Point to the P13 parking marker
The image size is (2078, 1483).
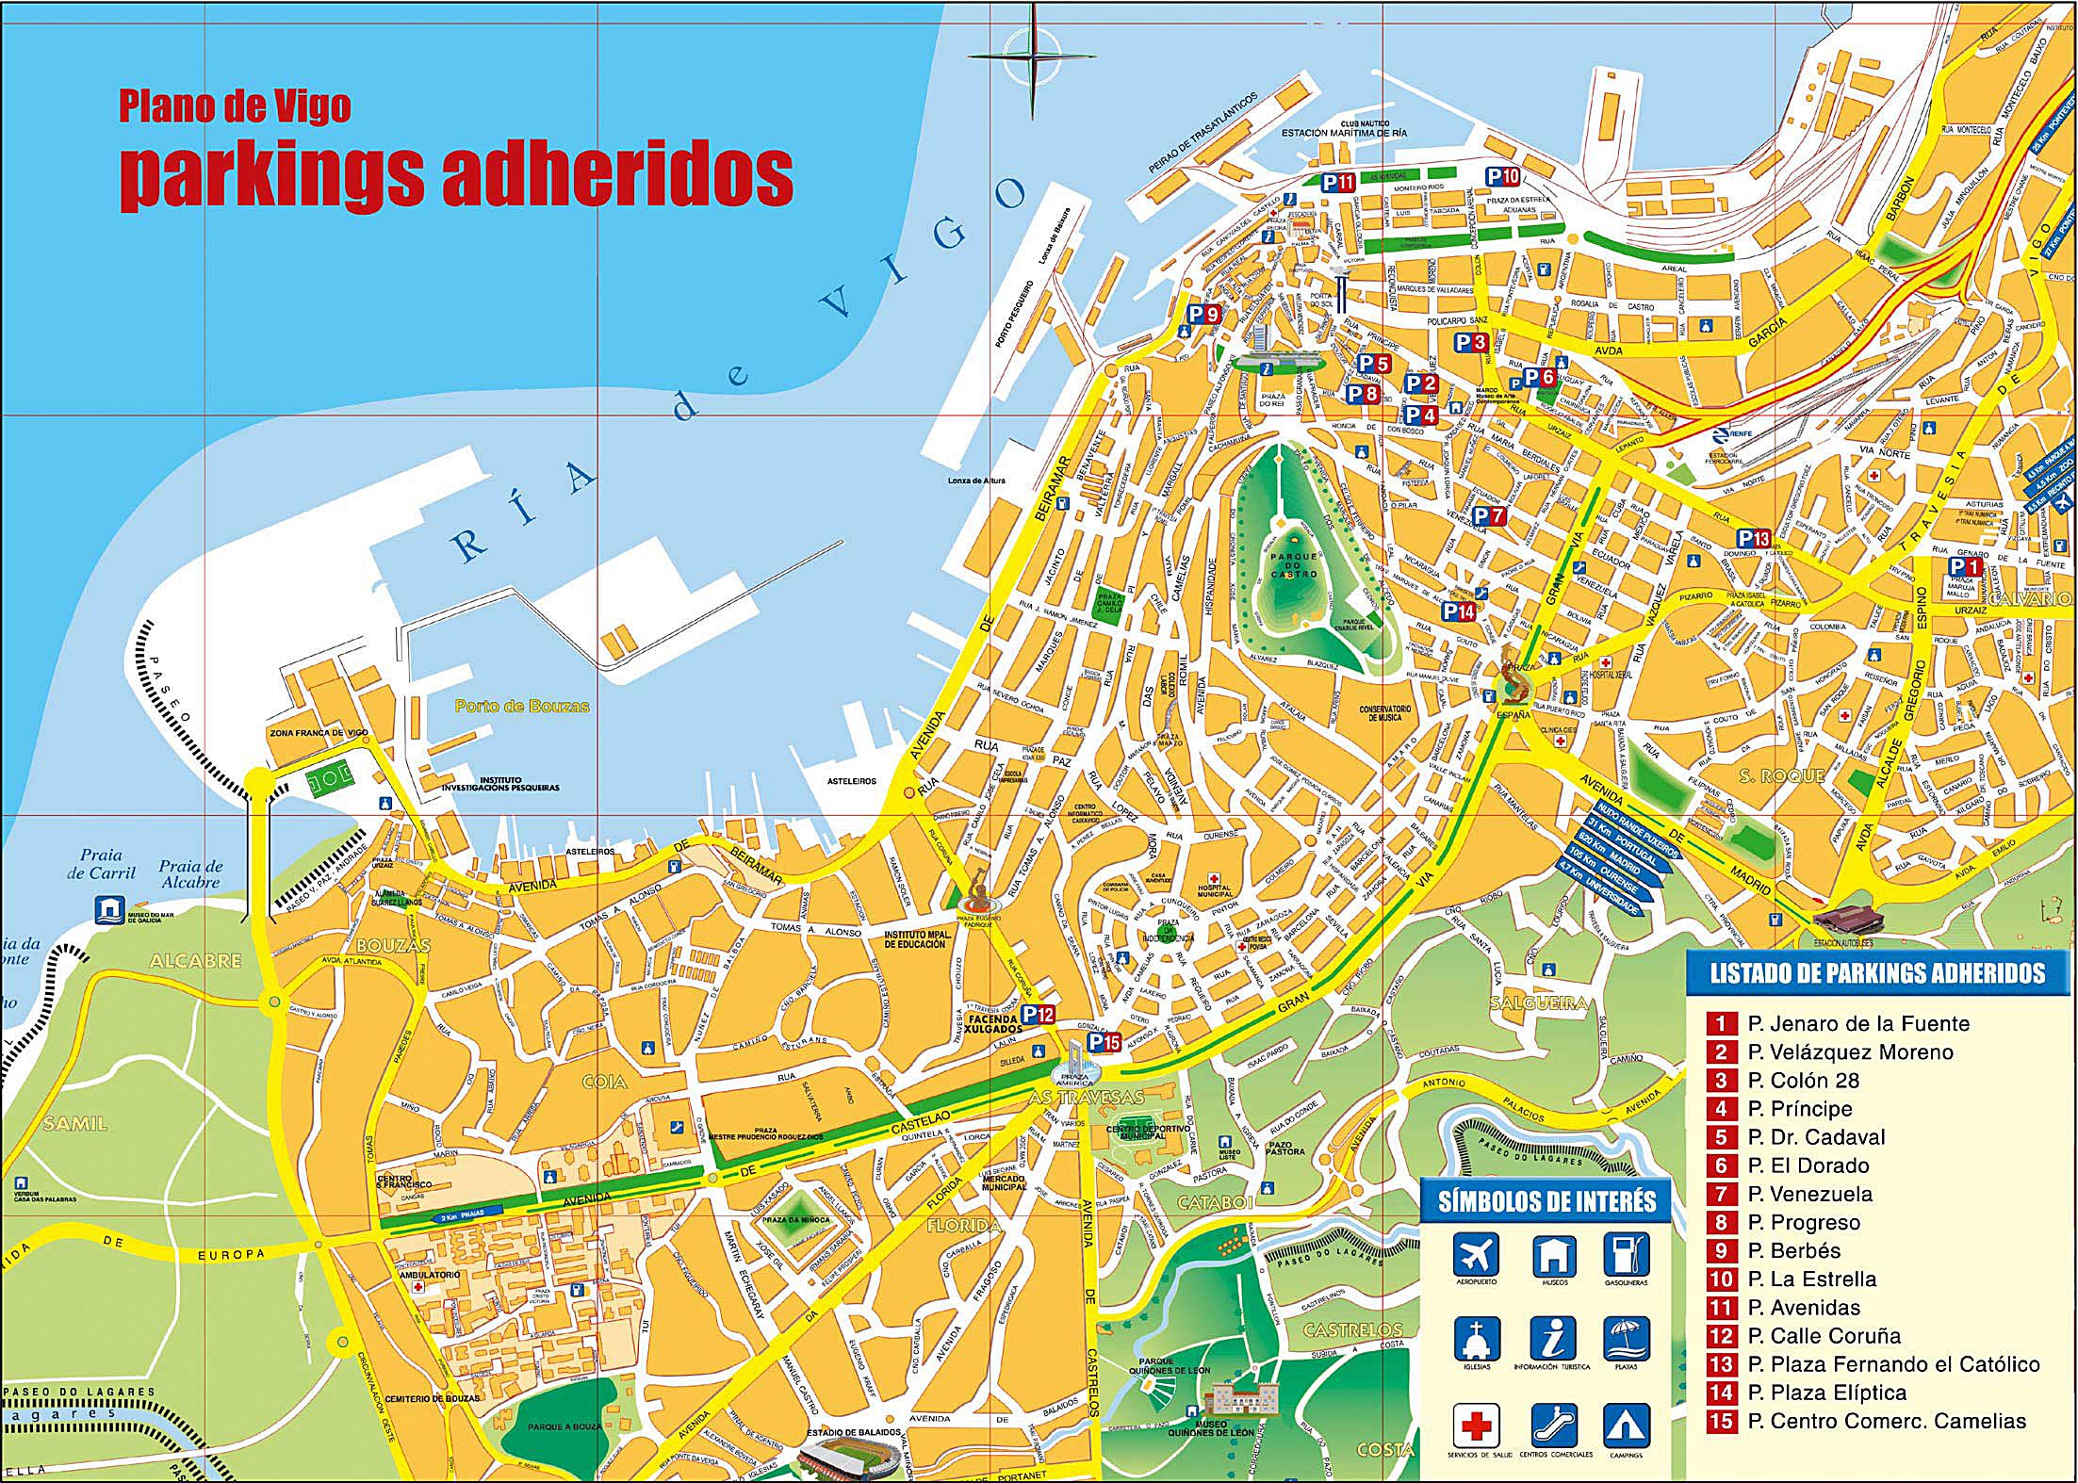tap(1754, 538)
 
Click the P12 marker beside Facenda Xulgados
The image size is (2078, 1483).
tap(1038, 1015)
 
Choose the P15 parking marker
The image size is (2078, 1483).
tap(1104, 1042)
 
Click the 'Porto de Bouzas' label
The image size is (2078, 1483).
tap(522, 706)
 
